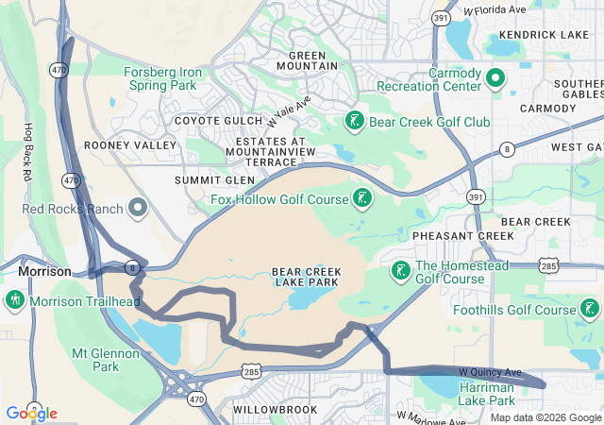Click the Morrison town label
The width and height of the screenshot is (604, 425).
tap(44, 271)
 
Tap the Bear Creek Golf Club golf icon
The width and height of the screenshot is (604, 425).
tap(354, 121)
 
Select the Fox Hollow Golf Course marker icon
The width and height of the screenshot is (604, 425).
tap(361, 197)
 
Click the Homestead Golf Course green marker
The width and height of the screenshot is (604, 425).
tap(400, 271)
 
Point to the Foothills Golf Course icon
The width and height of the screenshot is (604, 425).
tap(590, 308)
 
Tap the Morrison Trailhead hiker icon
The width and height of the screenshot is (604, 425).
tap(15, 300)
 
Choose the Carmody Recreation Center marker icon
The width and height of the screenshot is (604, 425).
tap(495, 77)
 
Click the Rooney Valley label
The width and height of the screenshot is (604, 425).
tap(130, 145)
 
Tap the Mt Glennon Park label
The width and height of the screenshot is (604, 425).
tap(106, 360)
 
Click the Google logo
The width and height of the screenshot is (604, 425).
tap(31, 413)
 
